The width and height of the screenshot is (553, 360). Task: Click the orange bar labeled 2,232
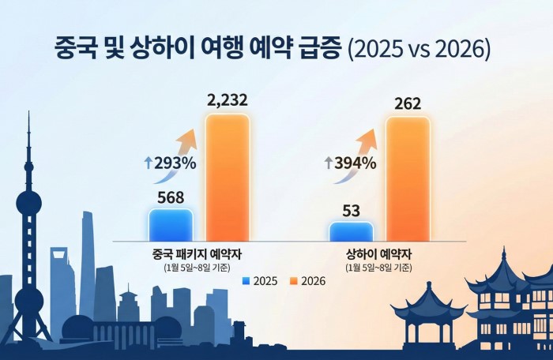click(228, 177)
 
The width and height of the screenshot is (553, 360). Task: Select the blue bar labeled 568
click(171, 224)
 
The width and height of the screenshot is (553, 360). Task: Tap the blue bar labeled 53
click(351, 231)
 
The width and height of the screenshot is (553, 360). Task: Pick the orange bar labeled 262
click(408, 178)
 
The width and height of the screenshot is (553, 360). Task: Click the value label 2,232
click(228, 100)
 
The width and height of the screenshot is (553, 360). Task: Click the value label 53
click(351, 209)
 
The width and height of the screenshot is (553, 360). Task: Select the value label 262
click(408, 103)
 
